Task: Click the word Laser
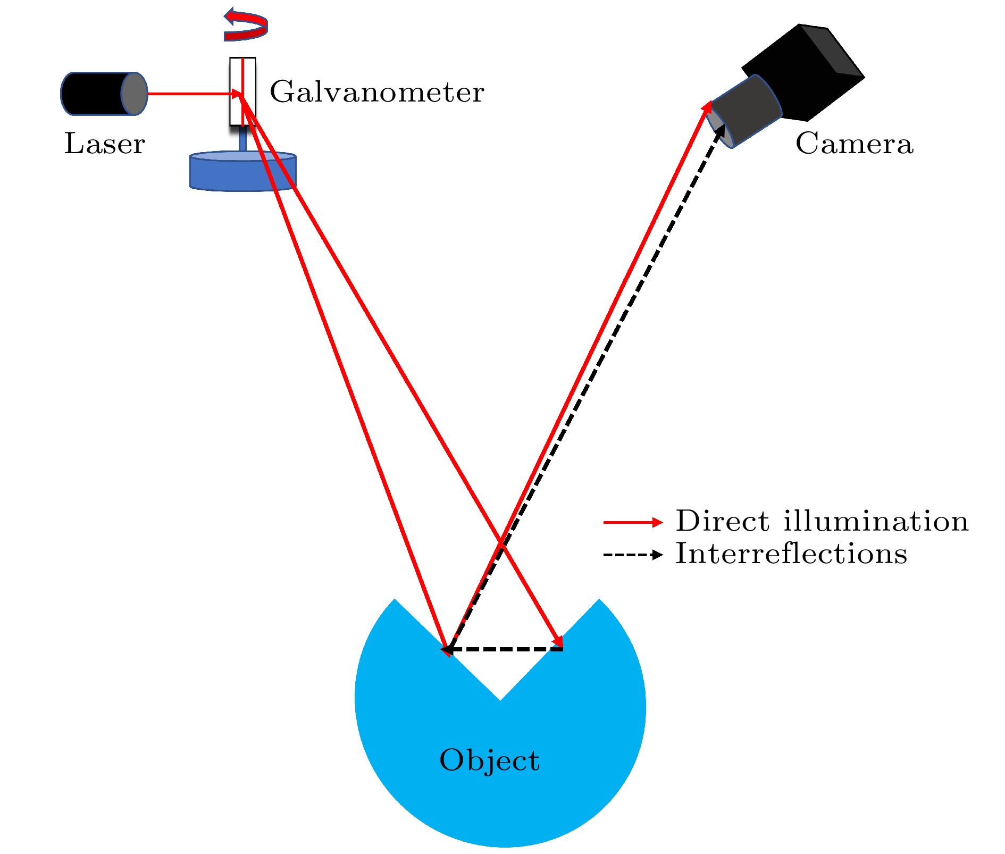(x=104, y=144)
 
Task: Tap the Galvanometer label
(x=376, y=92)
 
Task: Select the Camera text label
(x=854, y=144)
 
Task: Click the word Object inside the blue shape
(x=489, y=760)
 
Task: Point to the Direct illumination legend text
(x=822, y=521)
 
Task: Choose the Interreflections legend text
(x=791, y=554)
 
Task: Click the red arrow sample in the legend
(x=633, y=523)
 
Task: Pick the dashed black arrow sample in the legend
(x=633, y=555)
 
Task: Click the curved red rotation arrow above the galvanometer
(x=246, y=27)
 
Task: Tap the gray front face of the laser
(x=134, y=94)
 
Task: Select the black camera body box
(x=808, y=69)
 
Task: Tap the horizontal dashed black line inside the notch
(x=505, y=649)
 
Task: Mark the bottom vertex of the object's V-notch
(x=500, y=700)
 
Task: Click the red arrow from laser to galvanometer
(x=191, y=94)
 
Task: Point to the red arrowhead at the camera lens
(x=708, y=106)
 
